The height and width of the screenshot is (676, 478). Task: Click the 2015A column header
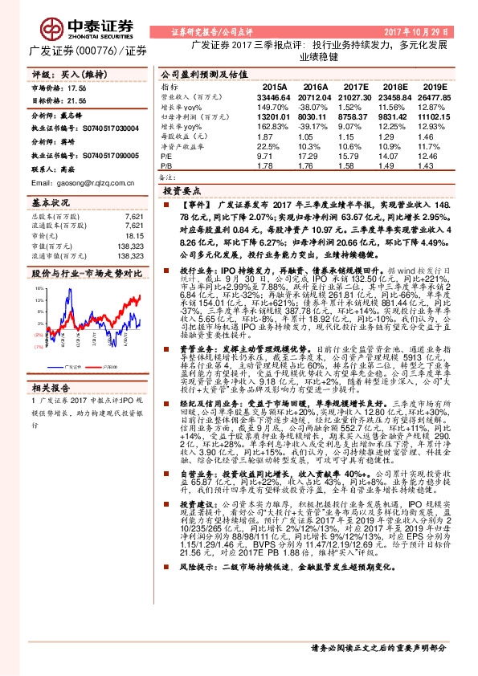tap(274, 86)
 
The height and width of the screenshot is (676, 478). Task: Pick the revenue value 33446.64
tap(275, 96)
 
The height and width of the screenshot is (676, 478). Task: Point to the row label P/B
tap(166, 167)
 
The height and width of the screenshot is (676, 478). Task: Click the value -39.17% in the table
tap(314, 126)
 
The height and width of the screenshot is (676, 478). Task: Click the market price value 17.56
tap(76, 88)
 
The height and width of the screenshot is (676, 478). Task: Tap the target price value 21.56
tap(76, 102)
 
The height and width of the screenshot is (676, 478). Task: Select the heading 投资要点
tap(182, 193)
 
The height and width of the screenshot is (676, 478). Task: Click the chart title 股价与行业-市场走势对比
tap(86, 273)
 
